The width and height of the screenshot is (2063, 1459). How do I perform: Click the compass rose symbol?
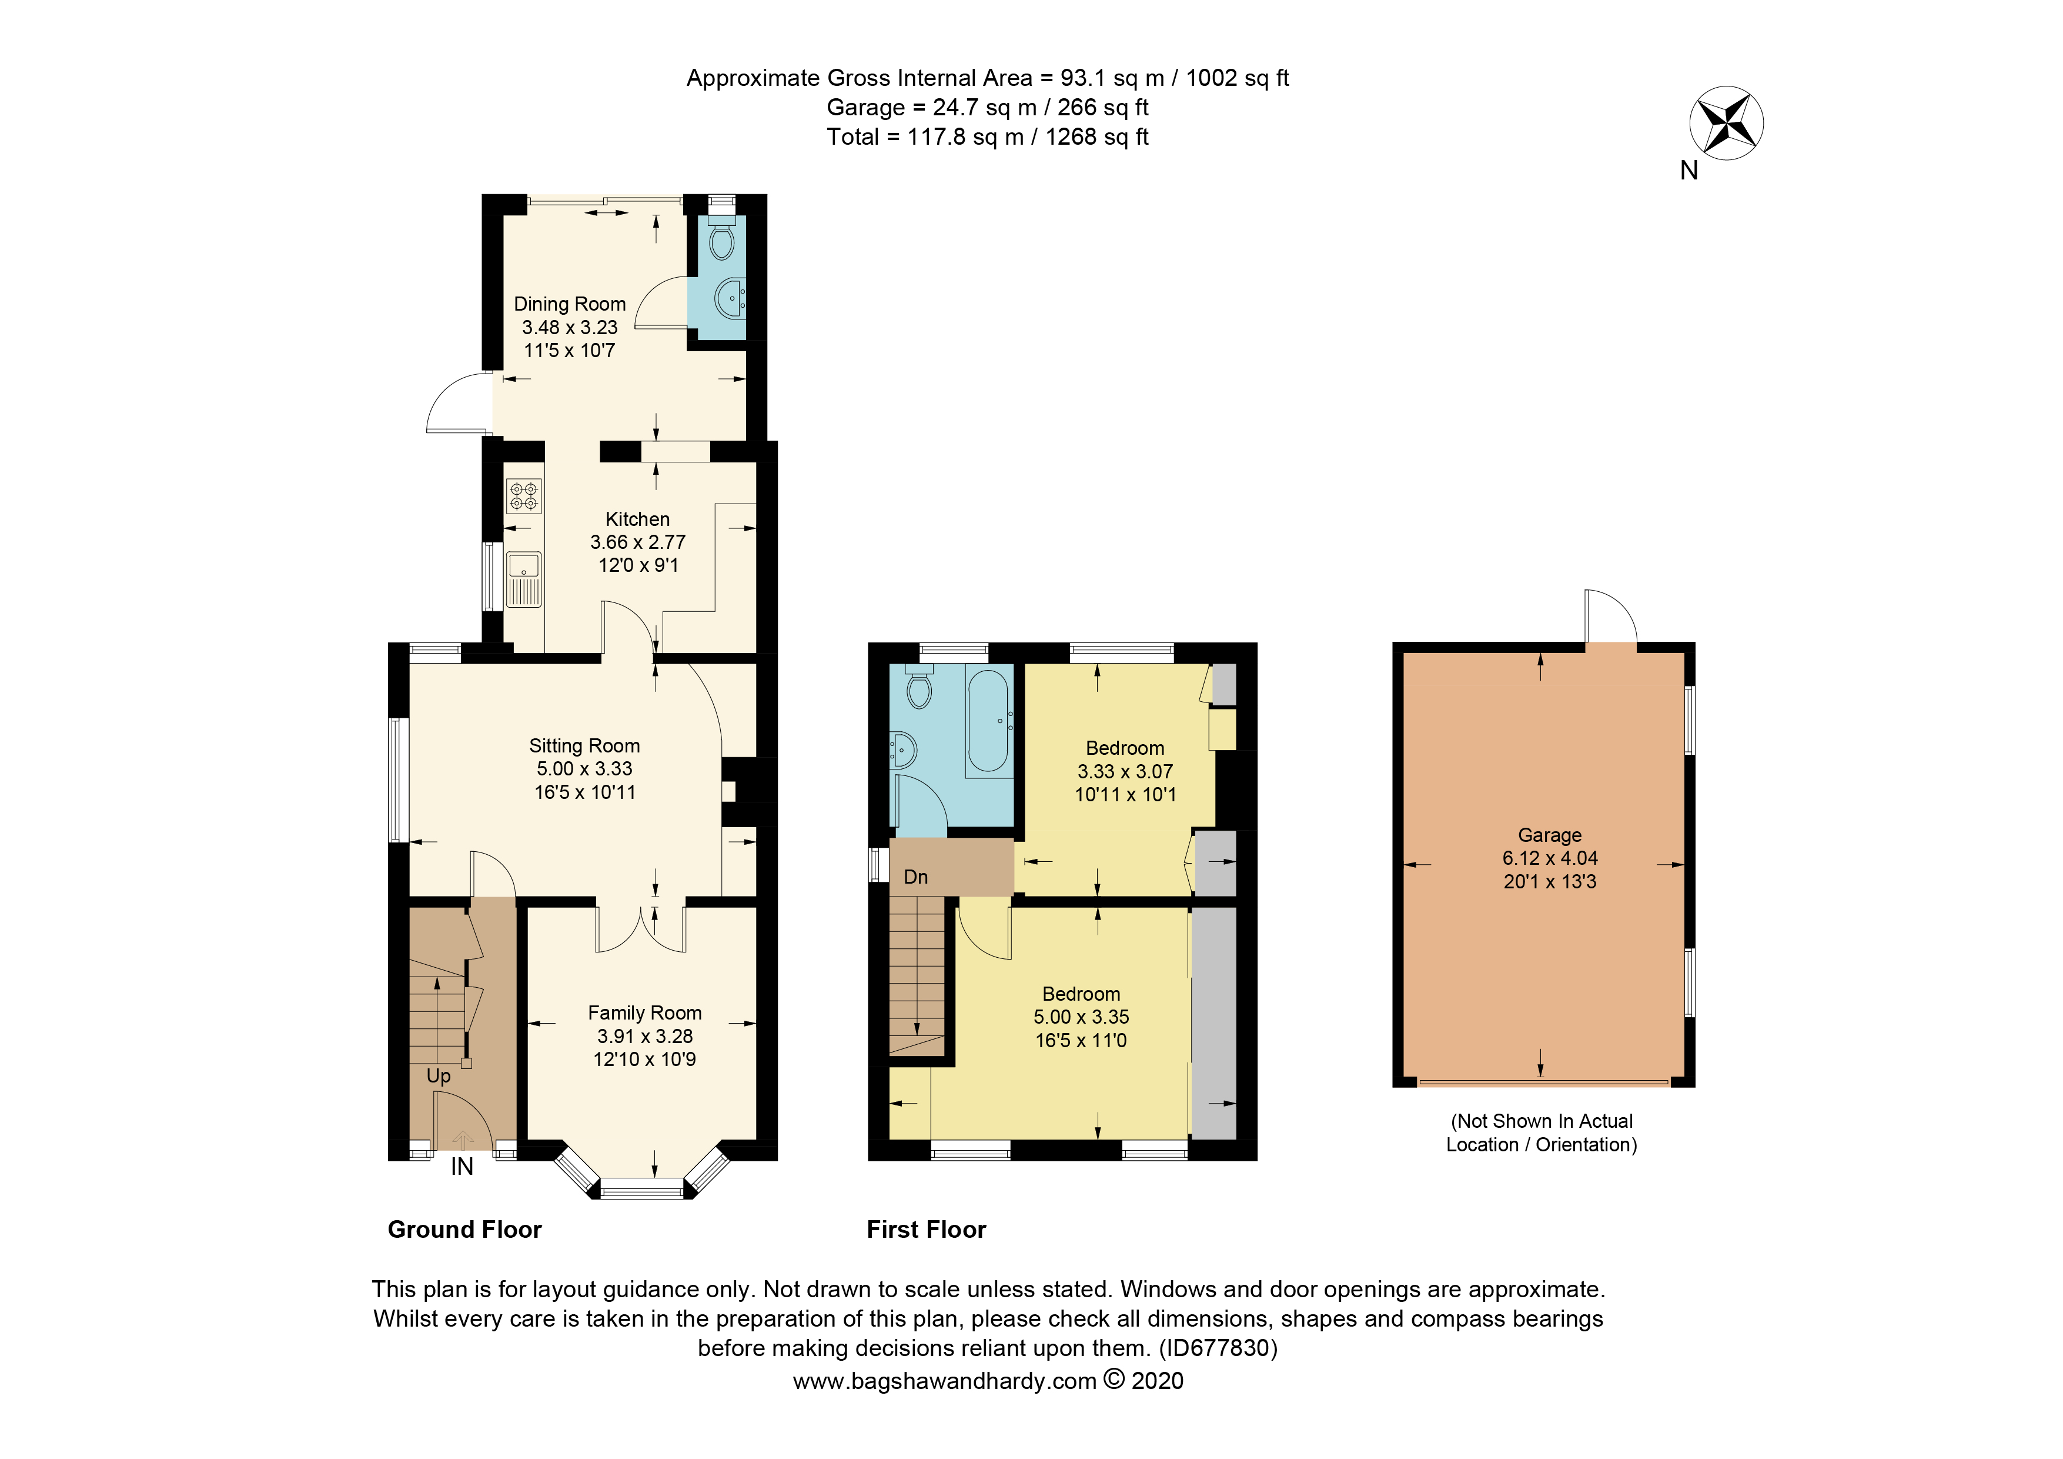1726,123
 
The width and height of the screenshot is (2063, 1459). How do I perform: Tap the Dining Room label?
570,304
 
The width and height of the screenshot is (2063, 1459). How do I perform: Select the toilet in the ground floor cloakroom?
721,241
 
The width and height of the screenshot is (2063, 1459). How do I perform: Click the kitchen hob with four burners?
524,496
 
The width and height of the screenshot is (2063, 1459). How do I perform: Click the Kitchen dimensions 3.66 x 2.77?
637,542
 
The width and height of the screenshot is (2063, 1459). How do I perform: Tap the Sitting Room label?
584,745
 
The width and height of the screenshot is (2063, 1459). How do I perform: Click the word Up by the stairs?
439,1076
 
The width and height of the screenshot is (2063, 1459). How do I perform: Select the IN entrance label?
462,1167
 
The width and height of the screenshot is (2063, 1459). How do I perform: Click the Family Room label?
644,1012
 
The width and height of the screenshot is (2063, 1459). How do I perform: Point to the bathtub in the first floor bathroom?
989,721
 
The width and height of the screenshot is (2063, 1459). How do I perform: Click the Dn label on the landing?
915,877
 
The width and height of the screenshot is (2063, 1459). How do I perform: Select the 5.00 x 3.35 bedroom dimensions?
1081,1017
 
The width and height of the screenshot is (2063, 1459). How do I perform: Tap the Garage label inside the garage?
1549,835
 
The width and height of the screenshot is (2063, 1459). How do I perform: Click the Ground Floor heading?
464,1230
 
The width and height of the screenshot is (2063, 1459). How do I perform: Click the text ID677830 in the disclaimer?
1218,1348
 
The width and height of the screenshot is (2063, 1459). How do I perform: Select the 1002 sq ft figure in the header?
1237,78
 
